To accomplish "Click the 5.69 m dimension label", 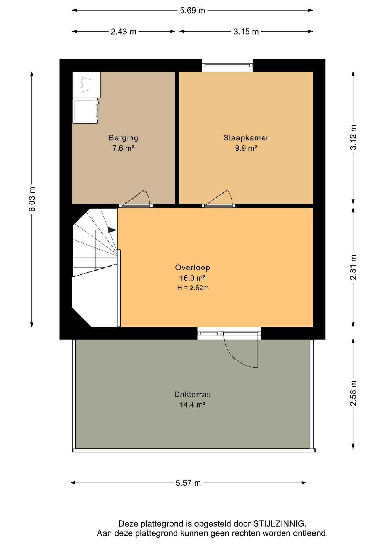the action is tap(192, 11).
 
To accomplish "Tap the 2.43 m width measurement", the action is tap(123, 32).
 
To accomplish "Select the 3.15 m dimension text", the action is tap(246, 32).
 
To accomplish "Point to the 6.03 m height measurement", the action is tap(32, 199).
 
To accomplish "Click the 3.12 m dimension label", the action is tap(353, 137).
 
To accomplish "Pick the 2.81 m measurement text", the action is tap(353, 267).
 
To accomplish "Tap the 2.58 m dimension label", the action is tap(353, 393).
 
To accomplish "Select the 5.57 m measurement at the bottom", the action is tap(188, 483).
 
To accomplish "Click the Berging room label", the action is tap(124, 138).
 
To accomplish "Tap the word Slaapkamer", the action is tap(246, 138).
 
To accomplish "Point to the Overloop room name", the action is tap(192, 267).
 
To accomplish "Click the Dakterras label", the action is tap(192, 394).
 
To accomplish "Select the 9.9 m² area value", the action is tap(246, 148).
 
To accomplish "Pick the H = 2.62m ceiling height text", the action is tap(193, 288).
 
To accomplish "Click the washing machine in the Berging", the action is tap(85, 111).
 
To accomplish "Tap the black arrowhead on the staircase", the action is tap(112, 230).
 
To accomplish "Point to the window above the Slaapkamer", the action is tap(227, 65).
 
